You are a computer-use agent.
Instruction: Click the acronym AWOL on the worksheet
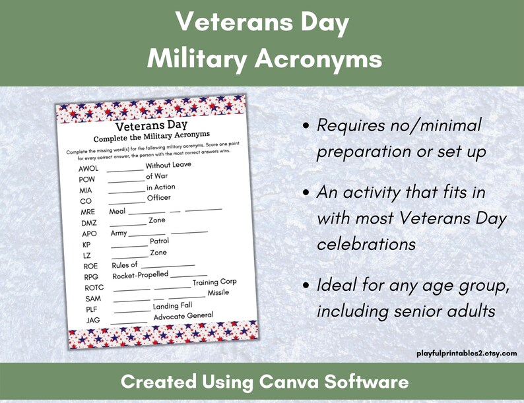[x=88, y=169]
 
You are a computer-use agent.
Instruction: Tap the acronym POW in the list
[x=87, y=180]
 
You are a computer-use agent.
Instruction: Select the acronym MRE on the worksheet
[x=88, y=212]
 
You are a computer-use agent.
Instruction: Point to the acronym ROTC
[x=94, y=288]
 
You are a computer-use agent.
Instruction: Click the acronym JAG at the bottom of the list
[x=93, y=321]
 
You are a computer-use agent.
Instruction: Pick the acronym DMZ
[x=89, y=224]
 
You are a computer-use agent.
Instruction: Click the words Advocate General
[x=183, y=317]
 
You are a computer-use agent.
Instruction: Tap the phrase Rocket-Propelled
[x=141, y=275]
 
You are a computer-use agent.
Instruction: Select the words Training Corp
[x=214, y=282]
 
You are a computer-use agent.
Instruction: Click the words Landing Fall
[x=173, y=306]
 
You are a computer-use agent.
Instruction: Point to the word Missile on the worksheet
[x=218, y=293]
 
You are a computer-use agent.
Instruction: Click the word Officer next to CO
[x=158, y=198]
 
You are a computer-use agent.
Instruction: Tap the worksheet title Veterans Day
[x=151, y=125]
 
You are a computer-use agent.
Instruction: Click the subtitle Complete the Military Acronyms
[x=151, y=138]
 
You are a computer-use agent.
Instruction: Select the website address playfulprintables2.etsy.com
[x=467, y=354]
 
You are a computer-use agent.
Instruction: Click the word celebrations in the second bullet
[x=366, y=244]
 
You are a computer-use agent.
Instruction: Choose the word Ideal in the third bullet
[x=336, y=286]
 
